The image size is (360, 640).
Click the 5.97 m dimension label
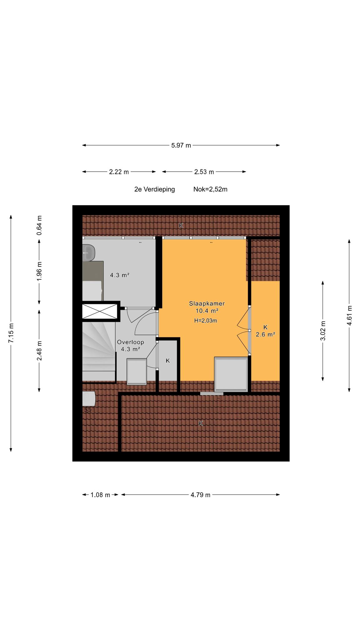click(181, 145)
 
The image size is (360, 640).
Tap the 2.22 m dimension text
click(119, 172)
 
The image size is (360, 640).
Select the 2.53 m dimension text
click(204, 172)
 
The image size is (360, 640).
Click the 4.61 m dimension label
click(349, 315)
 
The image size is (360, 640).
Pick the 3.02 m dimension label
click(323, 331)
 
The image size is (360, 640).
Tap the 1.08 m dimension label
click(100, 495)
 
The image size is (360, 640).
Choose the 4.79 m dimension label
click(201, 495)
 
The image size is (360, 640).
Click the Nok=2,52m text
click(210, 189)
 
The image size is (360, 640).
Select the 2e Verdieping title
click(155, 189)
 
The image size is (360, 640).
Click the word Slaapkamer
click(207, 303)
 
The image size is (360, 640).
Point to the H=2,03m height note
click(206, 320)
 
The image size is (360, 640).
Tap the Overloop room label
click(131, 342)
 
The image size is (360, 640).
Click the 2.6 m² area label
click(265, 334)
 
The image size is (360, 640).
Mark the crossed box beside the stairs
click(100, 311)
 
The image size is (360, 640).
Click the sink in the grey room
click(89, 252)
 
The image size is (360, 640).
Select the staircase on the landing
click(99, 352)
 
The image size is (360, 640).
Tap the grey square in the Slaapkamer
click(231, 374)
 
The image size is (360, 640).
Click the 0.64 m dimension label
click(39, 225)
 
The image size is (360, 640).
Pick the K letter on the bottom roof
click(201, 423)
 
